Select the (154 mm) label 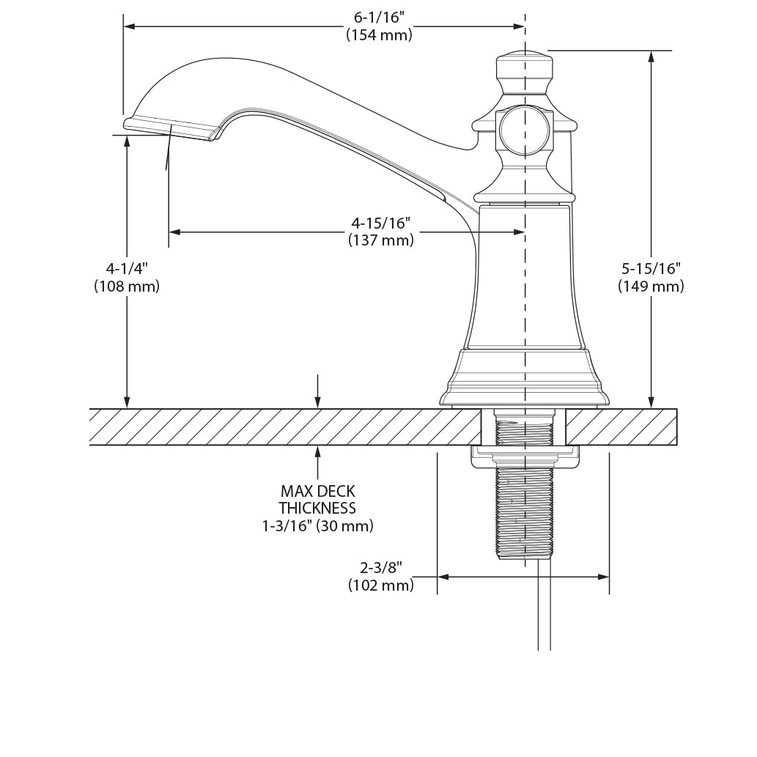pyautogui.click(x=379, y=34)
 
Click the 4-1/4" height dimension pyautogui.click(x=126, y=269)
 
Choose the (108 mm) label pyautogui.click(x=126, y=287)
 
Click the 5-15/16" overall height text pyautogui.click(x=651, y=269)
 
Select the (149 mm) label pyautogui.click(x=651, y=287)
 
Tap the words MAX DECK pyautogui.click(x=317, y=491)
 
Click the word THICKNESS pyautogui.click(x=317, y=508)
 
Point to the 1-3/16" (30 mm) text pyautogui.click(x=317, y=525)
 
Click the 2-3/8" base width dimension pyautogui.click(x=380, y=568)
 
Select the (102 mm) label pyautogui.click(x=380, y=585)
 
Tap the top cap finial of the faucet pyautogui.click(x=524, y=70)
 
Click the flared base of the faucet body pyautogui.click(x=524, y=377)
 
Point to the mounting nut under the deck pyautogui.click(x=523, y=457)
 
